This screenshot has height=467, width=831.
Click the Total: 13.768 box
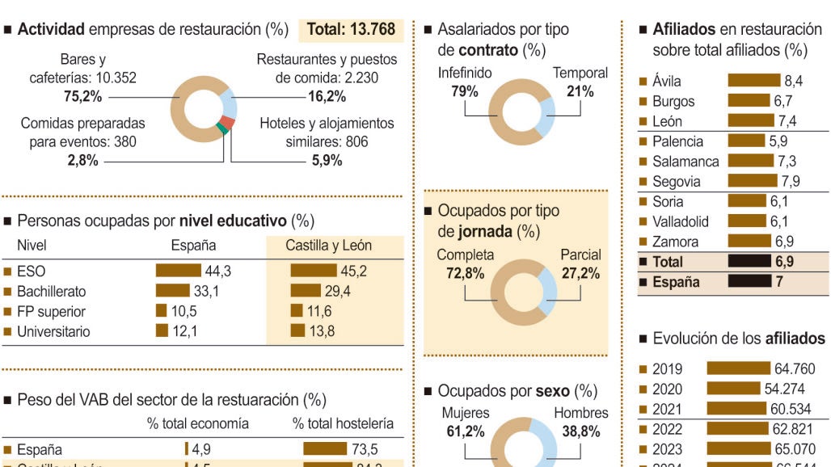pos(351,30)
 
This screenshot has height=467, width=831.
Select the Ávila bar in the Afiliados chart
pos(754,81)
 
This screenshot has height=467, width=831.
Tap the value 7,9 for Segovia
pos(790,181)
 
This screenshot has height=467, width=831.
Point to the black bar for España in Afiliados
pos(749,282)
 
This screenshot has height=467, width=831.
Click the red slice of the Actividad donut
pos(228,122)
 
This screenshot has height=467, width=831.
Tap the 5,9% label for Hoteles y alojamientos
pos(327,160)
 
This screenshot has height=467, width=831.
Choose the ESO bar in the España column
pos(178,271)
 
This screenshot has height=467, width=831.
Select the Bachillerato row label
pos(51,291)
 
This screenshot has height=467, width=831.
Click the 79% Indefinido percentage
pos(464,90)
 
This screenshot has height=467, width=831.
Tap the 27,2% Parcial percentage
pos(580,273)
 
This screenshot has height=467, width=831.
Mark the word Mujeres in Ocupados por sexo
pos(460,413)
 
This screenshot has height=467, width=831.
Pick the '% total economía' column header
pos(198,423)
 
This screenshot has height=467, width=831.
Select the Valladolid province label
pos(680,221)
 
